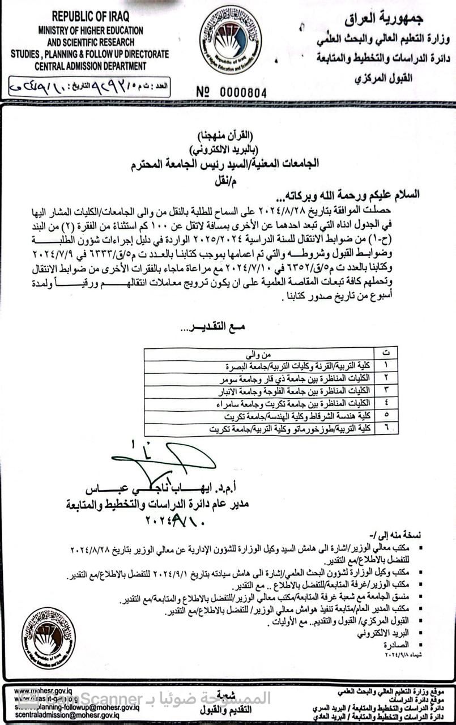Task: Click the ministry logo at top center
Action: (x=230, y=39)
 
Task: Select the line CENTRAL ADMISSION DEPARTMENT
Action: (x=90, y=66)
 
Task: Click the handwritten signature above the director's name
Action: (x=164, y=461)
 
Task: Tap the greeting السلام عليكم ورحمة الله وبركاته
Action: (x=352, y=194)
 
